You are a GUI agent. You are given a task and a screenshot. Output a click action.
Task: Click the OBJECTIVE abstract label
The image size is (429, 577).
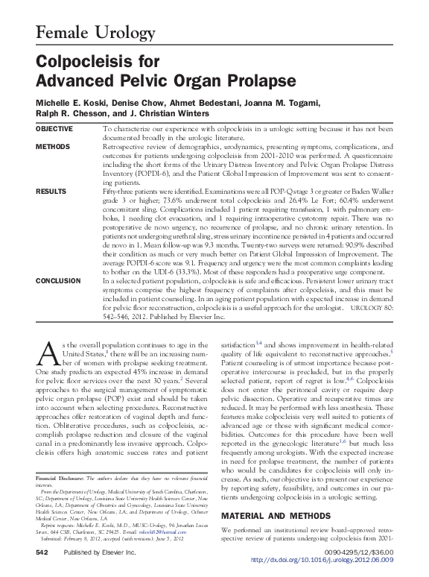pyautogui.click(x=55, y=129)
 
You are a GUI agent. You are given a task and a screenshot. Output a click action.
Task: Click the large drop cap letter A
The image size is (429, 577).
pyautogui.click(x=46, y=350)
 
